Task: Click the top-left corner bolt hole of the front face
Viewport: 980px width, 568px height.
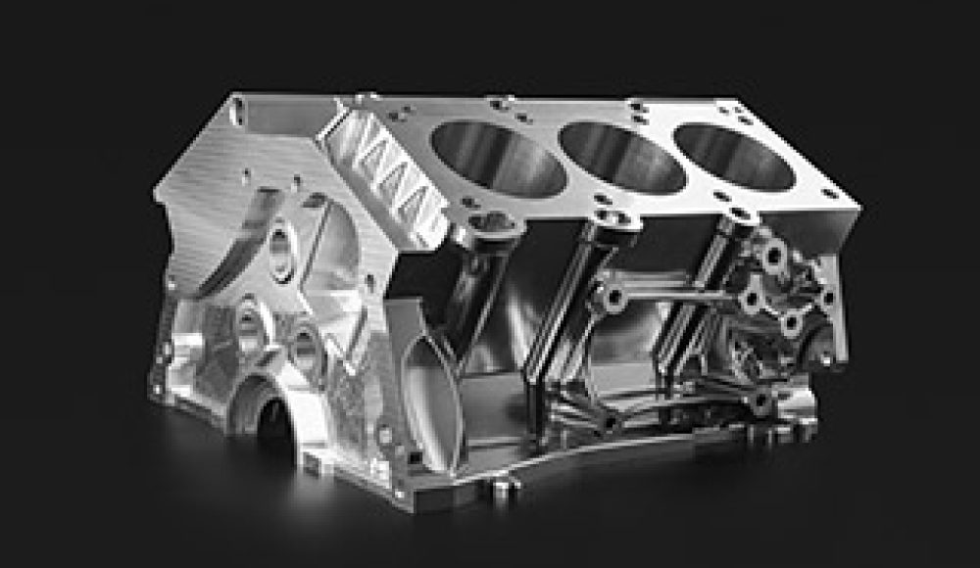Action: click(236, 113)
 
